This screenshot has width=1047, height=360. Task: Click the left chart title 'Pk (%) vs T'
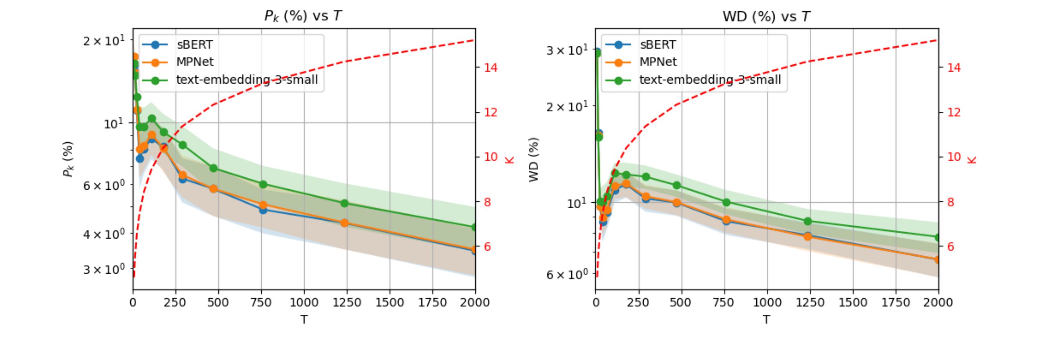tap(303, 16)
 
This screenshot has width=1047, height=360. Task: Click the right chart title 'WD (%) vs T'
tap(766, 16)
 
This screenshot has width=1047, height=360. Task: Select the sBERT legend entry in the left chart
tap(194, 44)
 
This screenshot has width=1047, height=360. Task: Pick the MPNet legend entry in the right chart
tap(658, 62)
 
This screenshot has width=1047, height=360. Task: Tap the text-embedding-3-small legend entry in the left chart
tap(247, 79)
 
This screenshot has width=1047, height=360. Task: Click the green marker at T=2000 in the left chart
tap(474, 227)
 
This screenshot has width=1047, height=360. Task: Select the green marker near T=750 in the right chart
tap(727, 202)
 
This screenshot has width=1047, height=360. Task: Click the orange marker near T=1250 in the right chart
tap(807, 236)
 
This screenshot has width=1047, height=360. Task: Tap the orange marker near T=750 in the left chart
tap(263, 205)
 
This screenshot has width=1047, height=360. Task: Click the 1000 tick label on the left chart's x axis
tap(304, 302)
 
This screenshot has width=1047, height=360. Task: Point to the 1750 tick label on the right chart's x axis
tap(853, 302)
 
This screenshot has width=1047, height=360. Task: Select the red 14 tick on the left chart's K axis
tap(491, 67)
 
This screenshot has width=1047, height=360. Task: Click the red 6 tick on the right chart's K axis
tap(950, 247)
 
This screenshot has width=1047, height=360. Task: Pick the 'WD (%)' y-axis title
tap(534, 159)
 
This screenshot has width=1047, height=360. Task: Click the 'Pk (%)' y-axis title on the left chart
tap(68, 159)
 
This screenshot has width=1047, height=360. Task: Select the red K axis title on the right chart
tap(972, 159)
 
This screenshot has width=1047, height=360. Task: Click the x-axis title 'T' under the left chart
tap(304, 320)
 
